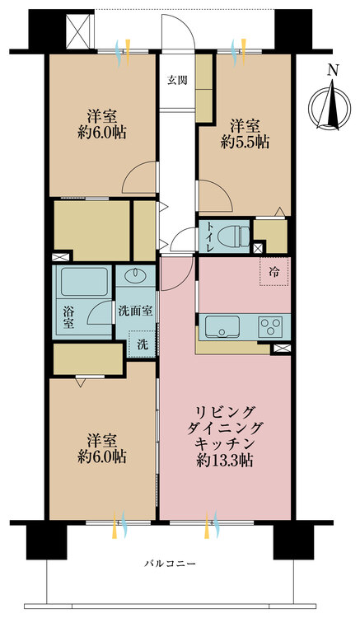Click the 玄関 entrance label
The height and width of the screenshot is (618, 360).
pyautogui.click(x=177, y=80)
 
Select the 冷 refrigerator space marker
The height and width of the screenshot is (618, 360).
pyautogui.click(x=274, y=272)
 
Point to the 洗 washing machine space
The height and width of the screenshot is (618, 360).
pyautogui.click(x=143, y=344)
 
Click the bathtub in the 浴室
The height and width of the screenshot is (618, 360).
pyautogui.click(x=84, y=283)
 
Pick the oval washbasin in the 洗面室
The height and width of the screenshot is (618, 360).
pyautogui.click(x=135, y=275)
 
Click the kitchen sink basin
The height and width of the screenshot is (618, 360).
pyautogui.click(x=222, y=326)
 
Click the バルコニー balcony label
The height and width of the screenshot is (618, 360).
pyautogui.click(x=170, y=564)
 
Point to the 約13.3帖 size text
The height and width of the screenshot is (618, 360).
pyautogui.click(x=225, y=461)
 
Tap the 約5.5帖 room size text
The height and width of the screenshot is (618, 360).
pyautogui.click(x=245, y=143)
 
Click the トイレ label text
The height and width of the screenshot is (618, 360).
pyautogui.click(x=209, y=236)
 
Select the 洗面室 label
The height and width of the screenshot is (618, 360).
pyautogui.click(x=135, y=311)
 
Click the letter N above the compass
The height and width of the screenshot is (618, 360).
pyautogui.click(x=333, y=71)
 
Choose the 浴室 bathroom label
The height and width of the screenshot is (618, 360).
pyautogui.click(x=68, y=318)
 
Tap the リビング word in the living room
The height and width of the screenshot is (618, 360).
pyautogui.click(x=225, y=413)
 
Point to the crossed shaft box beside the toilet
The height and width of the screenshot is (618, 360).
pyautogui.click(x=258, y=248)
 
